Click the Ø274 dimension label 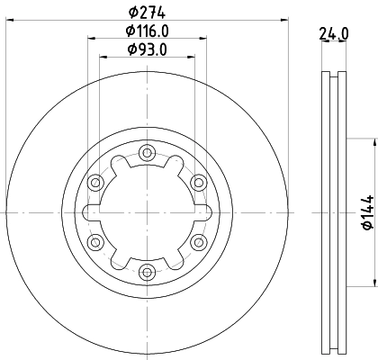pos(146,12)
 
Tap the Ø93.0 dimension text pos(146,49)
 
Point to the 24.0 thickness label pos(334,34)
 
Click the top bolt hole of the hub pos(146,153)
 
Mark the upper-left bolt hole pos(94,183)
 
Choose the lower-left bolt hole pos(94,241)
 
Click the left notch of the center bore pos(88,212)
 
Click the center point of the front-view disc pos(146,212)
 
